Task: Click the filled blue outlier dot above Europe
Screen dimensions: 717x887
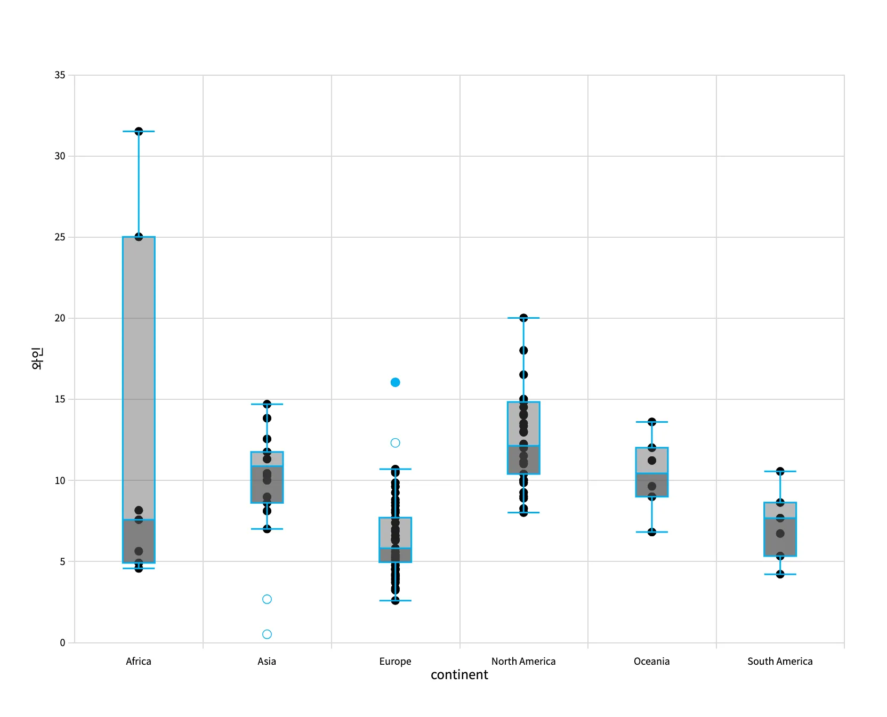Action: pyautogui.click(x=395, y=382)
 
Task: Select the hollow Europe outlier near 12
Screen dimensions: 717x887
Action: pyautogui.click(x=395, y=443)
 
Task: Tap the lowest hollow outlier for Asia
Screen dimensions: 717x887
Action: pyautogui.click(x=267, y=634)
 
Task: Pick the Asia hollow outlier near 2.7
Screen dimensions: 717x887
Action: pyautogui.click(x=267, y=599)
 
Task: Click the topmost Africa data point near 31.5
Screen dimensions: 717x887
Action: pyautogui.click(x=139, y=131)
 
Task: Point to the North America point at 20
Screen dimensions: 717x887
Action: pyautogui.click(x=523, y=318)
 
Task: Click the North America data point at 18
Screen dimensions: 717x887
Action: pyautogui.click(x=523, y=350)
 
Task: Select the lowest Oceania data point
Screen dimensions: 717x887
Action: pyautogui.click(x=652, y=532)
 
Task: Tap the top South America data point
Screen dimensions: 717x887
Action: pyautogui.click(x=780, y=471)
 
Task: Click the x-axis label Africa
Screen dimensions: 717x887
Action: pyautogui.click(x=139, y=662)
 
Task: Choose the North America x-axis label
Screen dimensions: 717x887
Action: pyautogui.click(x=523, y=662)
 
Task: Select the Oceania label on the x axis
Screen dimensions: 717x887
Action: pyautogui.click(x=651, y=662)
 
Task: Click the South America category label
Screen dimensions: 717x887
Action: pyautogui.click(x=780, y=662)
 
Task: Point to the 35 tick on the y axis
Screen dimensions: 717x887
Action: pyautogui.click(x=60, y=75)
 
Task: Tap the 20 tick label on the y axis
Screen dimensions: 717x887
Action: pyautogui.click(x=60, y=318)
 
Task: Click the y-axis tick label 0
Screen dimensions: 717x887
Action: pyautogui.click(x=62, y=643)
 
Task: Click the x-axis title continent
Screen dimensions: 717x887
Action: pyautogui.click(x=459, y=675)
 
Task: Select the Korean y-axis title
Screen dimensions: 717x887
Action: pyautogui.click(x=37, y=358)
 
